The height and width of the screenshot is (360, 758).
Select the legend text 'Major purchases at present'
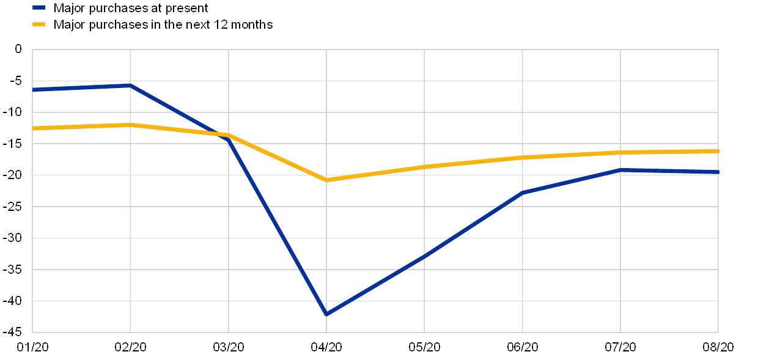131,8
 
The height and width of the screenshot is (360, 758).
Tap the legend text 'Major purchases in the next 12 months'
163,24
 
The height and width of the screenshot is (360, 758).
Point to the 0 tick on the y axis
18,50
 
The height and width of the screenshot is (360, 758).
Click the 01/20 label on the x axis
32,347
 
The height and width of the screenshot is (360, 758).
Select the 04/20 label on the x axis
326,347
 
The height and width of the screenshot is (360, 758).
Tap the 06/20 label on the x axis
523,347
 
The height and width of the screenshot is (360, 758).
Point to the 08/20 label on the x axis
718,347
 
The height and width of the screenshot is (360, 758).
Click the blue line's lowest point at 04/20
326,314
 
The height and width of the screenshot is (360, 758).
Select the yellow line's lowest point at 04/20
326,180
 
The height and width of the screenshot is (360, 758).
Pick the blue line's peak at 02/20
130,86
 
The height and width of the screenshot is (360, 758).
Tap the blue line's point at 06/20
523,193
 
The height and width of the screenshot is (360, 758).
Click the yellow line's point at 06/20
523,158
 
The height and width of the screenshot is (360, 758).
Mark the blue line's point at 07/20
620,170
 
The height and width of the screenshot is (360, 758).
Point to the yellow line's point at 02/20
130,125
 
